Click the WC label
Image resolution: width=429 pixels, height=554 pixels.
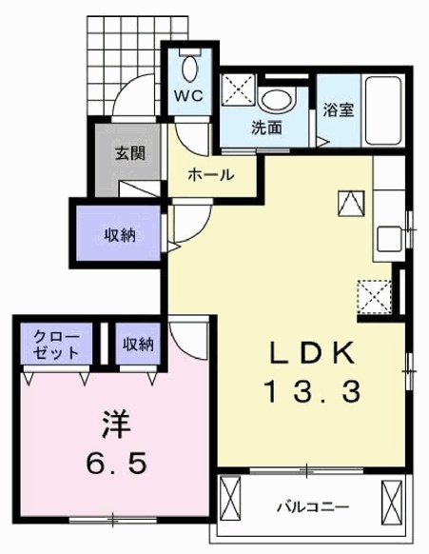tap(189, 95)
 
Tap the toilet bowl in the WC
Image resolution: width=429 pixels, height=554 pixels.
tap(190, 69)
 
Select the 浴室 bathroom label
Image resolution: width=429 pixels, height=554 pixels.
tap(339, 109)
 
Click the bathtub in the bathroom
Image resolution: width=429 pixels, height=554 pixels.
tap(383, 110)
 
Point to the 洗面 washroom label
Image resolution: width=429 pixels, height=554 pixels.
tap(266, 128)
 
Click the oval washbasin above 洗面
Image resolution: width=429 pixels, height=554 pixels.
tap(276, 100)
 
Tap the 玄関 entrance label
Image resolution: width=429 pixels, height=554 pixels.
tap(130, 153)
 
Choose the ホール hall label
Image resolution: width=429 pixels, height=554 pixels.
tap(211, 174)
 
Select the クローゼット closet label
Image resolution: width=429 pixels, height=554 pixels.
tap(56, 344)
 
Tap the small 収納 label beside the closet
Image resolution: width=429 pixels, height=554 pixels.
tap(138, 344)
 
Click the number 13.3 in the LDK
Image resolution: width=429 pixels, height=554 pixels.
tap(313, 391)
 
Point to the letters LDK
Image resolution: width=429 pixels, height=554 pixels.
tap(312, 353)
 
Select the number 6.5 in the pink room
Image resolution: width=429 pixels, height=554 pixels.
tap(116, 464)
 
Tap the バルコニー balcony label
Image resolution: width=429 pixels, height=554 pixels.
tap(313, 507)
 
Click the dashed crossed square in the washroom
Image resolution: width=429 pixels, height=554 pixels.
tap(238, 89)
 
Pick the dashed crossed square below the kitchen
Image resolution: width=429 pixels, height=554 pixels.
tap(374, 297)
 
